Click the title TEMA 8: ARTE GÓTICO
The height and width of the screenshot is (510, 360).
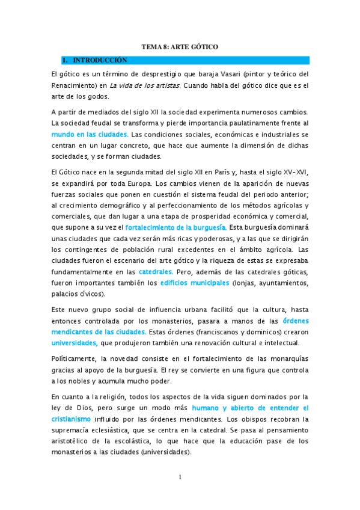point(180,46)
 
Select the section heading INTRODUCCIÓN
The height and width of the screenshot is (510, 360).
point(100,60)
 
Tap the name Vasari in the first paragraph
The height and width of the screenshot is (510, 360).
point(223,74)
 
